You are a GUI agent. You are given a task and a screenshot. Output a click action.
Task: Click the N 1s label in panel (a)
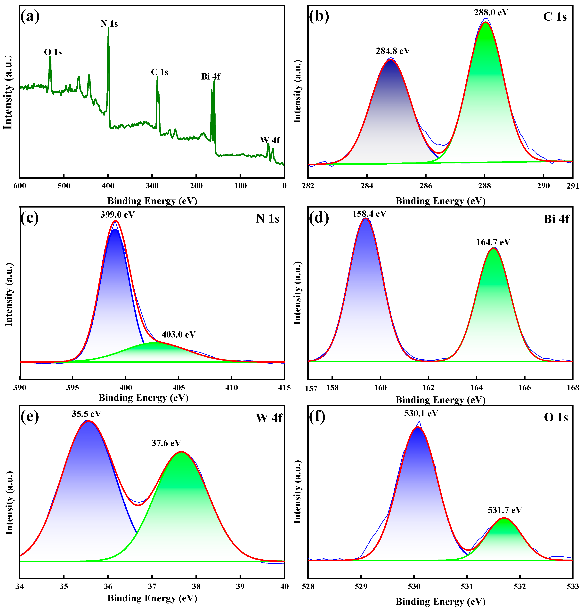(x=109, y=24)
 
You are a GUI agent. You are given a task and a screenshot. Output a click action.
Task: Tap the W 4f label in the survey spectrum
(x=270, y=140)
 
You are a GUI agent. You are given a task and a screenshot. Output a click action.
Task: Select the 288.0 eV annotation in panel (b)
(x=491, y=12)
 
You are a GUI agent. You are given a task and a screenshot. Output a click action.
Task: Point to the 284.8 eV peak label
(x=393, y=51)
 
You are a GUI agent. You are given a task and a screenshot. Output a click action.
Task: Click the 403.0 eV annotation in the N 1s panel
(x=179, y=334)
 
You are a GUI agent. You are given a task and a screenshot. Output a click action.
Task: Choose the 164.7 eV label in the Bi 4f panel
(x=493, y=242)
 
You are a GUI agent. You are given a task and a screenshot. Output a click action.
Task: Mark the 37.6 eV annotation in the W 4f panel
(x=166, y=443)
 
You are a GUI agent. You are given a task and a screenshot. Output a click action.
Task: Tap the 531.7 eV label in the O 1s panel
(x=505, y=510)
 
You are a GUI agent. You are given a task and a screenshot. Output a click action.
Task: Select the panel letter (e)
(x=30, y=416)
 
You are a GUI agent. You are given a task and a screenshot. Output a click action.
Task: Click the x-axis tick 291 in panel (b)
(x=572, y=186)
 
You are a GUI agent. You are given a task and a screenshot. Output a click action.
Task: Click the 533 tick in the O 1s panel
(x=572, y=586)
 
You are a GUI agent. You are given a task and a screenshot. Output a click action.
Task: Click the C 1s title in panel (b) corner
(x=555, y=17)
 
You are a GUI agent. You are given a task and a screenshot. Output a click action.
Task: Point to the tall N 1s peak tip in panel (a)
(x=108, y=28)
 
